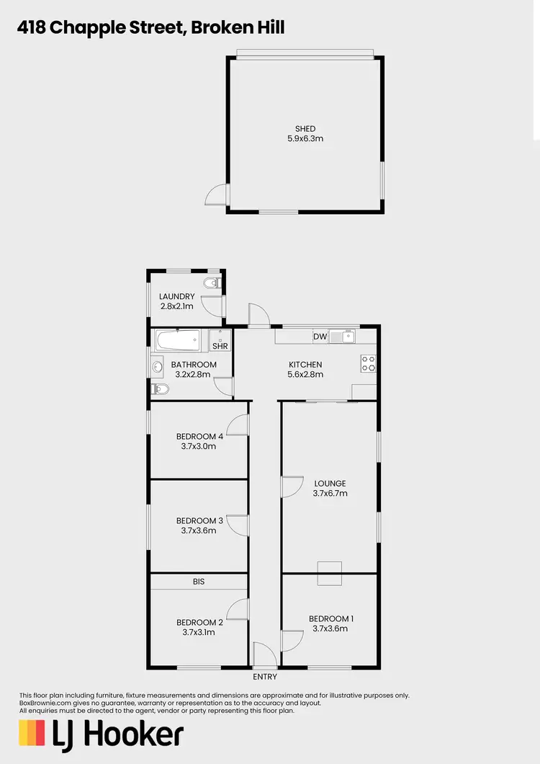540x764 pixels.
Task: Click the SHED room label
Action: (x=305, y=129)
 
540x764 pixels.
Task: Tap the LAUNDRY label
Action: (x=177, y=296)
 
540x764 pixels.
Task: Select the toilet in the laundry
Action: (x=211, y=283)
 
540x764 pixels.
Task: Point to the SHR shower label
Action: (x=220, y=346)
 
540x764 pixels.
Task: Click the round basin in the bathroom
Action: (x=158, y=367)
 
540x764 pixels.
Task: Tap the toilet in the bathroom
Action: (x=161, y=390)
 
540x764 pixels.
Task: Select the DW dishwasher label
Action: (x=320, y=337)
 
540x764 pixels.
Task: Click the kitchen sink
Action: (x=348, y=336)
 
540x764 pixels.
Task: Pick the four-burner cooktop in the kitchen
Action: (x=368, y=363)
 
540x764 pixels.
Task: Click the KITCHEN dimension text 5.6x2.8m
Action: (x=305, y=374)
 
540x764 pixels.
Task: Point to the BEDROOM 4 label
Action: (x=200, y=436)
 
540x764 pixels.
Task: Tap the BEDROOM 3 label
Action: (x=200, y=520)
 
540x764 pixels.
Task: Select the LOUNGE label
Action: (x=330, y=484)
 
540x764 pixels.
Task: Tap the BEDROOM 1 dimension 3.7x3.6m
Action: (x=330, y=628)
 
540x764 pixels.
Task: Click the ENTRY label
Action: (x=265, y=677)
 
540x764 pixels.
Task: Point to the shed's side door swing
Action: (x=216, y=195)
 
